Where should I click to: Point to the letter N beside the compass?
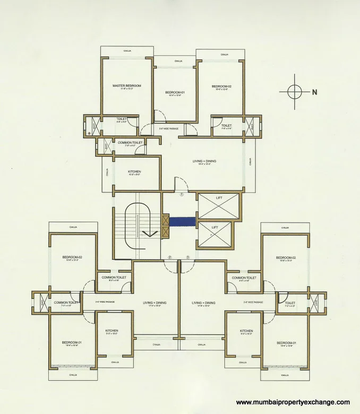[x=314, y=92]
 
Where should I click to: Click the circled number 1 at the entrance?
[x=181, y=195]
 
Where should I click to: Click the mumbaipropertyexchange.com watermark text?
[x=293, y=402]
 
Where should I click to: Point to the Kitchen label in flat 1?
[x=134, y=172]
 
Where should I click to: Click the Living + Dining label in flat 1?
[x=204, y=161]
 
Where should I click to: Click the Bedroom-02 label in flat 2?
[x=72, y=257]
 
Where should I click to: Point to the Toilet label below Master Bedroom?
[x=122, y=119]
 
